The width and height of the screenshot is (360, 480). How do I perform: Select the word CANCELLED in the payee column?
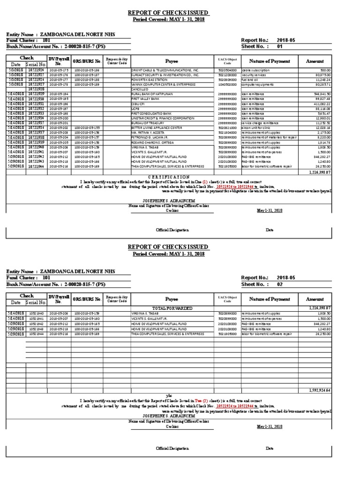[139, 89]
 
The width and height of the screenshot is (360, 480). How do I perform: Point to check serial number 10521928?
[36, 89]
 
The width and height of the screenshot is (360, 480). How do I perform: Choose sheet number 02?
[281, 284]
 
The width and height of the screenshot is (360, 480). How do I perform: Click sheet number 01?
[281, 46]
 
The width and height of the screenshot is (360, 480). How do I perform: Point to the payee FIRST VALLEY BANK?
[145, 99]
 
